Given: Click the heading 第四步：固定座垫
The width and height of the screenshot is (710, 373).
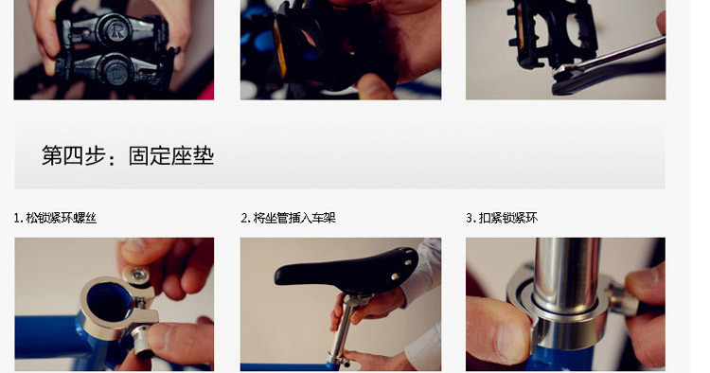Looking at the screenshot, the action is click(x=128, y=155).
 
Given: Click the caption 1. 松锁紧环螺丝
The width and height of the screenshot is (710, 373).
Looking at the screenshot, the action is click(x=55, y=218).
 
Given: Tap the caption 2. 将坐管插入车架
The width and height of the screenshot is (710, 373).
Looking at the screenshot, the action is click(x=288, y=218).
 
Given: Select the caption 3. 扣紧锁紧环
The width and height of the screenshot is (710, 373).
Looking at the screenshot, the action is click(x=502, y=218).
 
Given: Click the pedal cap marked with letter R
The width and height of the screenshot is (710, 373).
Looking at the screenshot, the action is click(x=115, y=30).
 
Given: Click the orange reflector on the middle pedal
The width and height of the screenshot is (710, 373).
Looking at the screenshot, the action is click(x=278, y=51).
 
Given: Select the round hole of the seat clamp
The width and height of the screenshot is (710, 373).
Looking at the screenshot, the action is click(x=109, y=301).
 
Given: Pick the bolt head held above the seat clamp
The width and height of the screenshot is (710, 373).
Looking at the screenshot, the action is click(x=136, y=275).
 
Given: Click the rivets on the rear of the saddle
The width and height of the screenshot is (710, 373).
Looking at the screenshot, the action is click(x=403, y=267).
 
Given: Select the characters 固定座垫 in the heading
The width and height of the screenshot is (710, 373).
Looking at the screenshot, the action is click(x=171, y=155).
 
